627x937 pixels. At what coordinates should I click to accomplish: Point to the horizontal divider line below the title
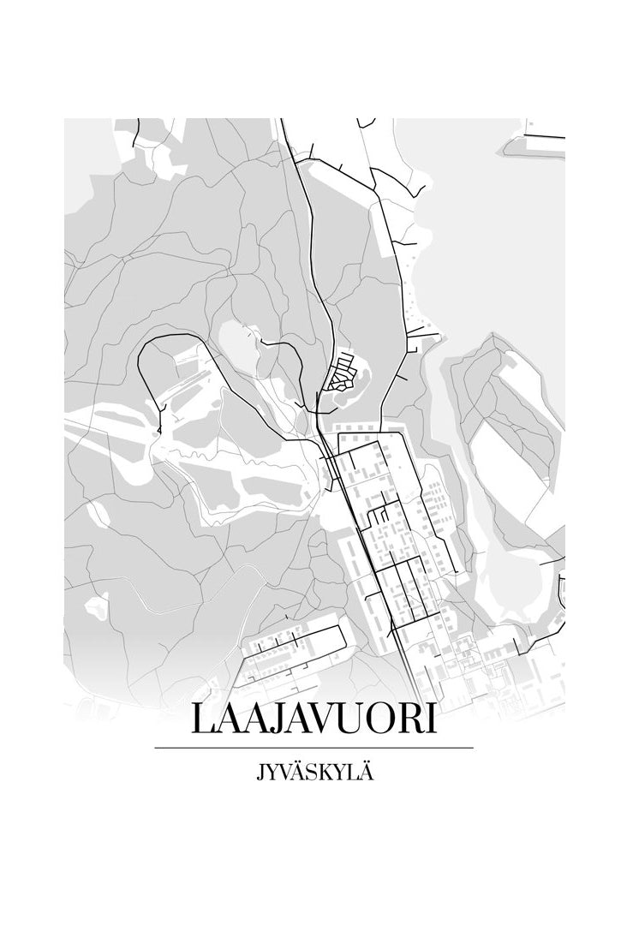313,748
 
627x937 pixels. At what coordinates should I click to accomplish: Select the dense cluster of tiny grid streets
343,373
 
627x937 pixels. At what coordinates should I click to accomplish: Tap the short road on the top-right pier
544,135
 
